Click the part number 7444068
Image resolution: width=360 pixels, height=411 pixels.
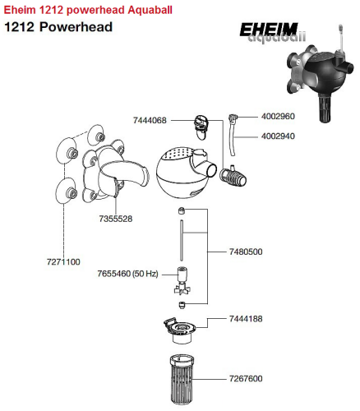(150, 120)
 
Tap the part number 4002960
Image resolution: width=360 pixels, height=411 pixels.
(278, 117)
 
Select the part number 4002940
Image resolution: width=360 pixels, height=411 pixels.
(278, 136)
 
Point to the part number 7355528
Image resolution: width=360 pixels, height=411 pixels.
(116, 219)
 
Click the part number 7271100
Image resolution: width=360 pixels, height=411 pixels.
(63, 262)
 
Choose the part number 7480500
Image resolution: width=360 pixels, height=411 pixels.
(246, 252)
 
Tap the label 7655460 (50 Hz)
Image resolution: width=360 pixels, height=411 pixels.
(127, 274)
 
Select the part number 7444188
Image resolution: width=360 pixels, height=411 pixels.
(246, 319)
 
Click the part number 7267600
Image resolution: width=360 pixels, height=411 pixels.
(246, 378)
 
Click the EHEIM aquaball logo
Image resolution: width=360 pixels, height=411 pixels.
(272, 32)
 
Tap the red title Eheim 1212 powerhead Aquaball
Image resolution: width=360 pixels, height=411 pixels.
(88, 10)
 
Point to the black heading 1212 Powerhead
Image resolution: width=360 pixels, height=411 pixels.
(58, 27)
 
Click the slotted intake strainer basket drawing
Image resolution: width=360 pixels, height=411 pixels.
(182, 379)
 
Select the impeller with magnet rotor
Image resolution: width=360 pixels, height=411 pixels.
(182, 281)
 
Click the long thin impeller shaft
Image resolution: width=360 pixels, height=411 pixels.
(182, 240)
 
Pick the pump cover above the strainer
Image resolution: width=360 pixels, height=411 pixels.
(179, 330)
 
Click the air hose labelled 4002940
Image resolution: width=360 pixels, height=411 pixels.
(232, 142)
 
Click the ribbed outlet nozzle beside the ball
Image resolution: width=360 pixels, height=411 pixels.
(233, 177)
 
